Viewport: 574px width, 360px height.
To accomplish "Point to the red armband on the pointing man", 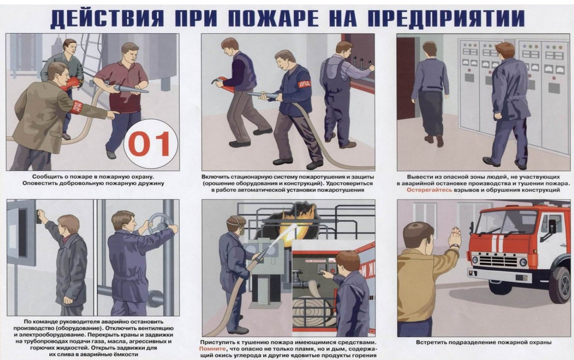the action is coord(76,107).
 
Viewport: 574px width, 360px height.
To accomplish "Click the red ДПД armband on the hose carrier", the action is coord(304,85).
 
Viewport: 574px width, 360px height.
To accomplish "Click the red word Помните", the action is coord(213,349).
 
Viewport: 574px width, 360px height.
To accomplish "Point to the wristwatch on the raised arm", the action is coord(454,246).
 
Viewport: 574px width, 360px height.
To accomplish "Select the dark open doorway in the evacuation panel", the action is coord(406,79).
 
